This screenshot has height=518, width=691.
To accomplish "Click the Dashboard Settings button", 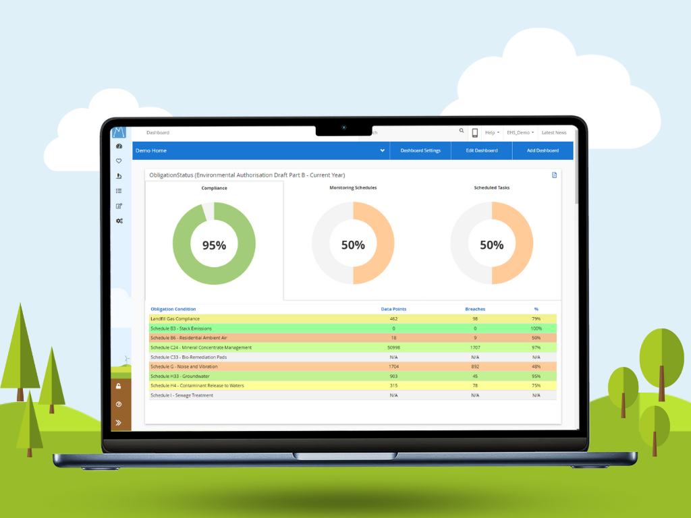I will point(420,150).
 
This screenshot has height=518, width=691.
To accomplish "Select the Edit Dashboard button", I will point(481,150).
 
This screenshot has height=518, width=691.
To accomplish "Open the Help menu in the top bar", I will point(492,133).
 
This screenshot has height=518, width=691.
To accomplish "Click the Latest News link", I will point(554,133).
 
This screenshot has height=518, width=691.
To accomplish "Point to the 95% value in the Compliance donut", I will point(214,246).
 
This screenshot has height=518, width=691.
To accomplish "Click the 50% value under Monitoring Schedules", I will point(353,246).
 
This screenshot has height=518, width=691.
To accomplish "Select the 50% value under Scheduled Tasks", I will point(492,246).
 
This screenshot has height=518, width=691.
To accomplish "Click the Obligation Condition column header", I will point(173,309).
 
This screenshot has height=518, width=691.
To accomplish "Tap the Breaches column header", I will point(475,309).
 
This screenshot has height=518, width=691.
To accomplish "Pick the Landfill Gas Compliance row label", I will point(175,318).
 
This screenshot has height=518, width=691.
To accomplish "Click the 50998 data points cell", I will point(393,347).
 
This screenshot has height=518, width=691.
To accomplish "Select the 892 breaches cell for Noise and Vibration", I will point(475,366).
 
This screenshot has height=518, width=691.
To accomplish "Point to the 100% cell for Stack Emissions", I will point(536,328).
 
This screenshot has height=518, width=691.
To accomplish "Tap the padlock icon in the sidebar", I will point(119,386).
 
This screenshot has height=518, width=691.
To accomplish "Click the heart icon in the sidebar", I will point(119,161).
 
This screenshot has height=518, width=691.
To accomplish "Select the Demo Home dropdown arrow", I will point(382,150).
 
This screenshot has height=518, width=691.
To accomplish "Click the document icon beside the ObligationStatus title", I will point(555,175).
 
